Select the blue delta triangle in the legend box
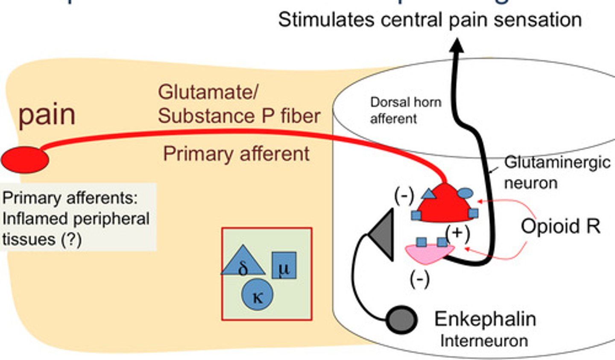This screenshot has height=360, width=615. coord(243,261)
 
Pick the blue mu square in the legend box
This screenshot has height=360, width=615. coord(284,265)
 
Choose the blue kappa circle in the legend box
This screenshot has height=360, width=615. coord(257,294)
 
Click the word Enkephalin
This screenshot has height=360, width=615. coord(485,319)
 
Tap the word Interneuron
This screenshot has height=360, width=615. coord(484,341)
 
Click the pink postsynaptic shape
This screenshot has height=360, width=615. coord(427,253)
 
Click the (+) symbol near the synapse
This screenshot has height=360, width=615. coord(457,233)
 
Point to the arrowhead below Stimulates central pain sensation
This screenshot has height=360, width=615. coord(457,45)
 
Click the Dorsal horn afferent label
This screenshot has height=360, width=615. coord(405,110)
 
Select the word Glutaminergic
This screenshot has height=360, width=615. coord(557,163)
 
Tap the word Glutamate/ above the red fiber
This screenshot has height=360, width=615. coord(208,92)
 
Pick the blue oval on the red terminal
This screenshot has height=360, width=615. coord(465,193)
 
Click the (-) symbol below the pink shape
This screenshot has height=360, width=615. coord(419,280)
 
